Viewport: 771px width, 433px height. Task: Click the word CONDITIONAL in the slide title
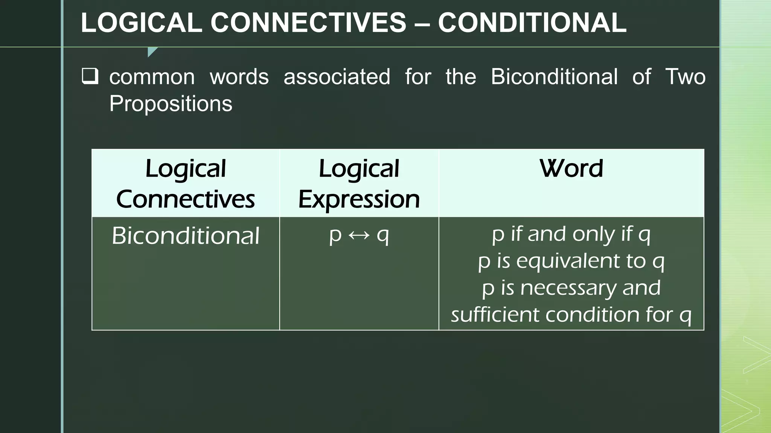(532, 23)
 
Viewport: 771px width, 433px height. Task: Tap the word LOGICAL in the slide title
(142, 23)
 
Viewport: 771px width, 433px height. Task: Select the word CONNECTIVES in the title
(308, 23)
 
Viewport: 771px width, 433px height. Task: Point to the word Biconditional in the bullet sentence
(554, 77)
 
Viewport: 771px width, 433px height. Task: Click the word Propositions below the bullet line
(171, 104)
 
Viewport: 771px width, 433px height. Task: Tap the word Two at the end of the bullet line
(685, 77)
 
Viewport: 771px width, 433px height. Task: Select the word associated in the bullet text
(337, 77)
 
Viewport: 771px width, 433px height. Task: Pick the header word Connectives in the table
(185, 199)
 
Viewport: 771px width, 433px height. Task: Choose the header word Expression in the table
(359, 199)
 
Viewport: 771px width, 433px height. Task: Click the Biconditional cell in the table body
(186, 236)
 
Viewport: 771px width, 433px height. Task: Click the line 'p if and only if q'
(571, 234)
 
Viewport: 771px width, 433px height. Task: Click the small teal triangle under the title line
(151, 51)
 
